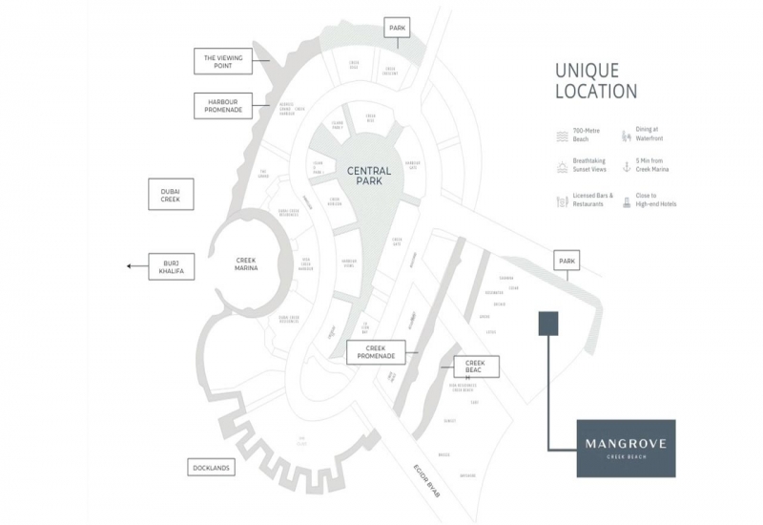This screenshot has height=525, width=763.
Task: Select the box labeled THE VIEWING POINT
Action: [222, 62]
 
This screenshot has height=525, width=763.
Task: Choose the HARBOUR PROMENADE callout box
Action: [222, 104]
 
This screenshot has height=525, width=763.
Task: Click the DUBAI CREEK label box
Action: [171, 194]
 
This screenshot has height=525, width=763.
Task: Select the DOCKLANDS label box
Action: [213, 469]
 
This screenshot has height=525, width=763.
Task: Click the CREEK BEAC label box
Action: [476, 367]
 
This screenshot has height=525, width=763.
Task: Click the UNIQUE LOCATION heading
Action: [595, 81]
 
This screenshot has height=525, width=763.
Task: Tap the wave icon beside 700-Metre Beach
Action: [561, 136]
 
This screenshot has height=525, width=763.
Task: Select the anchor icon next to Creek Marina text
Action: [628, 168]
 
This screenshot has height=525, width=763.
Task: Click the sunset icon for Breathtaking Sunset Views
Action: [561, 168]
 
